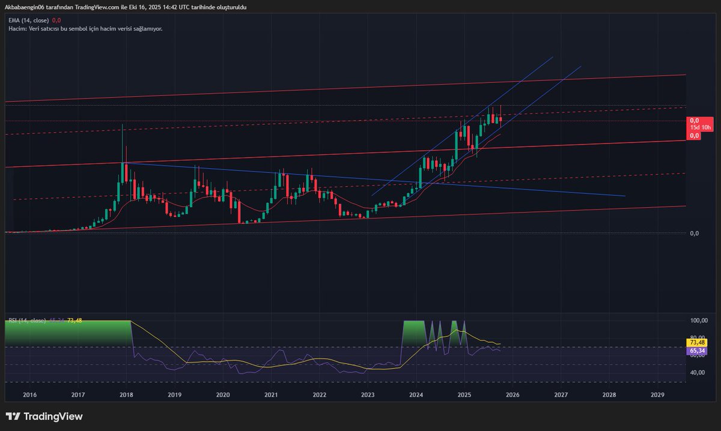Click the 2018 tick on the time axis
pos(126,395)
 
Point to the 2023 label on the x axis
pos(368,395)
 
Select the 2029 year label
pos(657,395)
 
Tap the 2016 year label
pos(29,395)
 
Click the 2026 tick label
pos(513,395)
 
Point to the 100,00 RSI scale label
pos(697,321)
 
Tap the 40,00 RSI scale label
pos(697,372)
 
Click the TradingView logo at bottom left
pos(44,417)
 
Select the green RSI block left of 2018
pos(66,332)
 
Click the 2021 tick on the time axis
pos(271,395)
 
